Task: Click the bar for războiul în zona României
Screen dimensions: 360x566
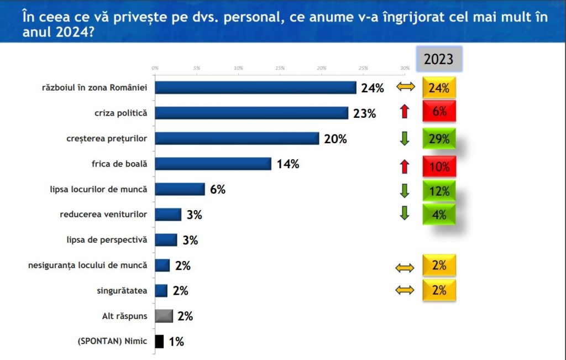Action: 255,87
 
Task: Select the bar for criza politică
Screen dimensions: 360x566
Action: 251,113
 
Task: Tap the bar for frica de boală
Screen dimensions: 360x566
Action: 213,164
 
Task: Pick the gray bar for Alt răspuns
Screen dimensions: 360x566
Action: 164,316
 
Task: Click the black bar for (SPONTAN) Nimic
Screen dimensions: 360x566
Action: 159,341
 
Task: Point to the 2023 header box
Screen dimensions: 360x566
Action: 439,59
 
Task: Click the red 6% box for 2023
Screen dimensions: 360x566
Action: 439,112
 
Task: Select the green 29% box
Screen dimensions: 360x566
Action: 439,138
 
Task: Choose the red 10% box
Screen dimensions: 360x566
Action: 439,165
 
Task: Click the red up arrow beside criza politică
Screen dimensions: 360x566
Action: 404,112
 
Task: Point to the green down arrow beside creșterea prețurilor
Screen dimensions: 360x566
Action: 404,138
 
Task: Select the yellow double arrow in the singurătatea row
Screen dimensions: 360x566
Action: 404,291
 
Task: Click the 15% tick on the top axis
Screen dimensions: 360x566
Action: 280,67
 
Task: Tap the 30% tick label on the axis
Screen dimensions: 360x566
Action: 405,67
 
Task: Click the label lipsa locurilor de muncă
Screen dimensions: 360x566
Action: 98,189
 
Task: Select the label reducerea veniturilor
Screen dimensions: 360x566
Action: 103,215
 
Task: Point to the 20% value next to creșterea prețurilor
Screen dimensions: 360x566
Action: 336,139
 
